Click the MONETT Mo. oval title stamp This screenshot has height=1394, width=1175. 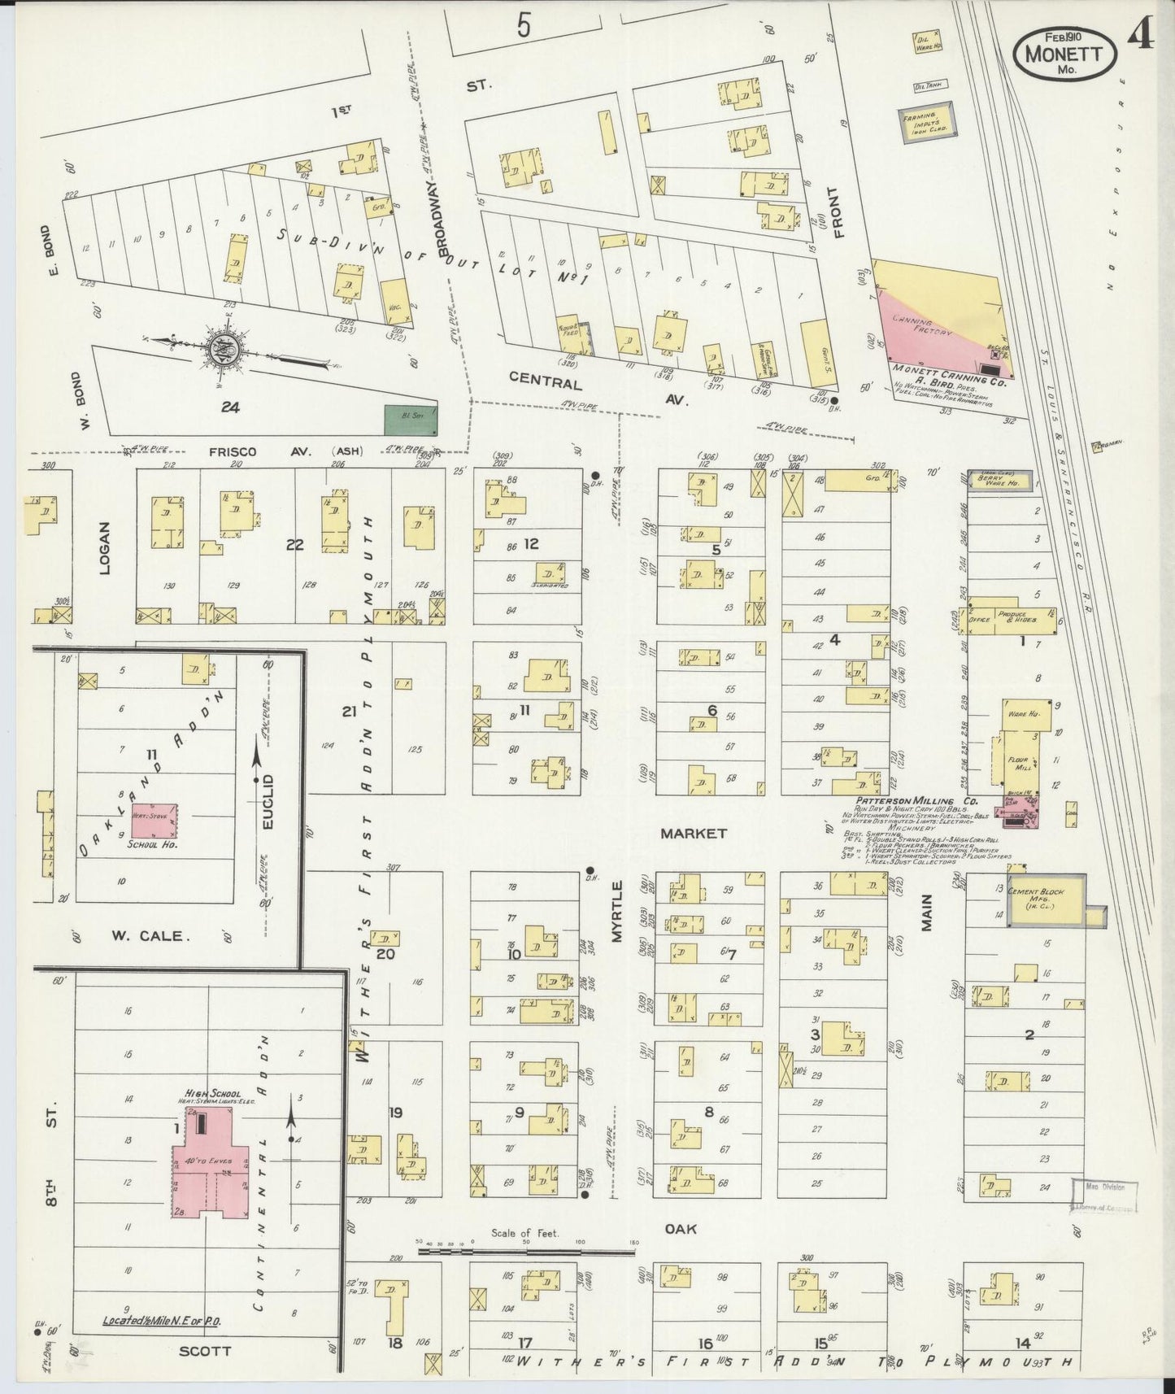pyautogui.click(x=1062, y=54)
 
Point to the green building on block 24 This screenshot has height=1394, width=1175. pyautogui.click(x=409, y=419)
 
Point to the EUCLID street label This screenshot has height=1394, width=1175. pyautogui.click(x=268, y=802)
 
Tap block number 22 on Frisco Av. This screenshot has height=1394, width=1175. pyautogui.click(x=294, y=545)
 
